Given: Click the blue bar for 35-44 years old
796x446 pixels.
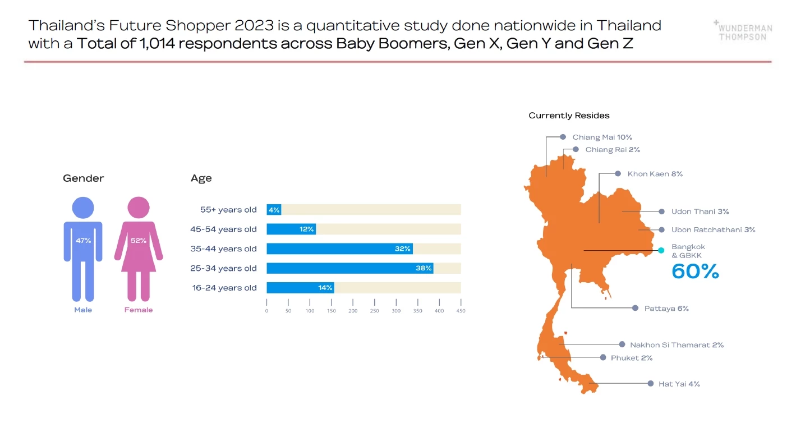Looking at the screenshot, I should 339,249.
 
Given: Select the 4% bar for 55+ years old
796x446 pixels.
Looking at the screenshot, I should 274,210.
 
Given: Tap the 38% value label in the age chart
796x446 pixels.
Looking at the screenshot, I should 424,268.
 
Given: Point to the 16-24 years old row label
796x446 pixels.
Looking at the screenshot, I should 223,288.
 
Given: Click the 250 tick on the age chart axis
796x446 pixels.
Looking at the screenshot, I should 375,311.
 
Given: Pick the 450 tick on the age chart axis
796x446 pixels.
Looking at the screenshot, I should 461,311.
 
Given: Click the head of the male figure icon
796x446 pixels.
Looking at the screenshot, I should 83,208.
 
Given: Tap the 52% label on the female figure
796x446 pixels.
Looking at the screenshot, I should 139,241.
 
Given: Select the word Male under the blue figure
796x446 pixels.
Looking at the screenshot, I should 83,310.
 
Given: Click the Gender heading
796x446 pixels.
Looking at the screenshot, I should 83,178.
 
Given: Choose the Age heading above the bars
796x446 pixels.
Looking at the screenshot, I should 201,178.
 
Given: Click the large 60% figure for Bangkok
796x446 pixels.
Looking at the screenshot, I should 695,272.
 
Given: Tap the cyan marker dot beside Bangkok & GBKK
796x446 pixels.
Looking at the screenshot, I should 661,250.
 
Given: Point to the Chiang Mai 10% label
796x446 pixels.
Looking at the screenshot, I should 602,137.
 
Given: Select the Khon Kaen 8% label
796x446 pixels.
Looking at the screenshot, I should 655,174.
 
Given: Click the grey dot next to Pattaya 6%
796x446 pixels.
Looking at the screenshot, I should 635,308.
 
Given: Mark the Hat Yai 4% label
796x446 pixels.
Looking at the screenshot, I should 679,384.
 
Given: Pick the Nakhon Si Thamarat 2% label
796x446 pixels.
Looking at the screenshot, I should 677,345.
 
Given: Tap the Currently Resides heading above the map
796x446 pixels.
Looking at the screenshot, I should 569,116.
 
